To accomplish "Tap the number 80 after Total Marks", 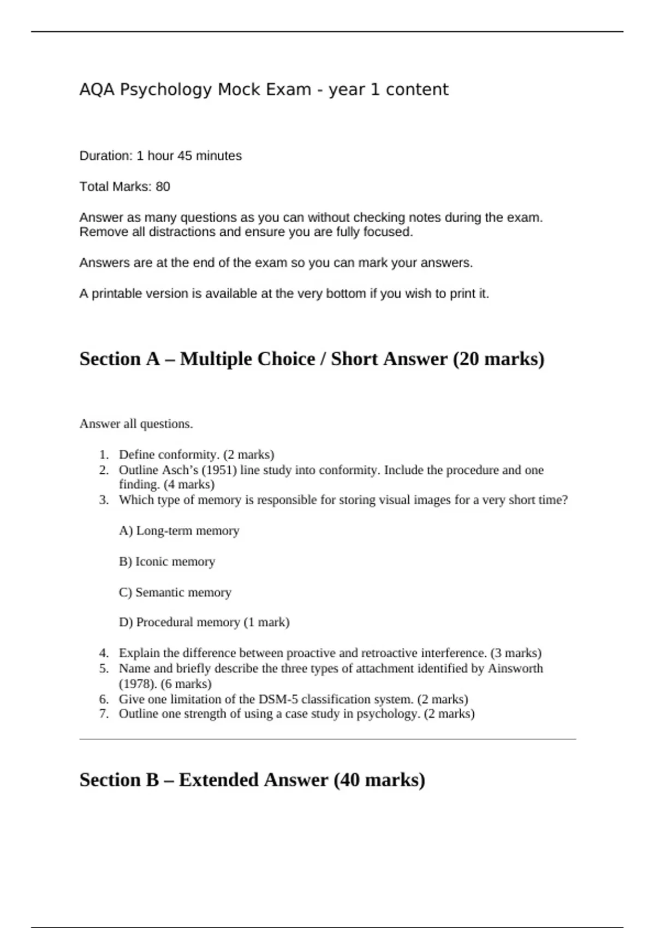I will click(x=163, y=187).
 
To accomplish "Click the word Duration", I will click(x=105, y=156).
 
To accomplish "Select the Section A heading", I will click(x=312, y=359).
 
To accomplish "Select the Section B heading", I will click(x=252, y=780).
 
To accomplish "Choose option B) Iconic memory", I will click(x=167, y=562).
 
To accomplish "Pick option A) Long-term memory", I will click(x=179, y=531).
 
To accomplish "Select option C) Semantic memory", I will click(x=175, y=592).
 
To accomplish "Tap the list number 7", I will click(x=104, y=713).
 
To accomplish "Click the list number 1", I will click(x=104, y=455).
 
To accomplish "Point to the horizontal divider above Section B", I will click(x=327, y=739).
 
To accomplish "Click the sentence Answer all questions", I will click(x=136, y=424).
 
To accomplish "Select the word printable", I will click(x=115, y=294).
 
